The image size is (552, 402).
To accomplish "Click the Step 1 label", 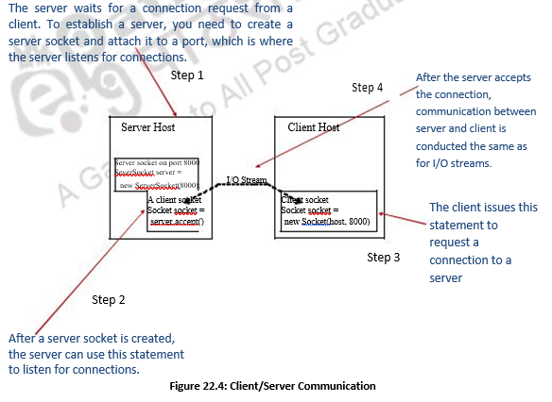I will (187, 75).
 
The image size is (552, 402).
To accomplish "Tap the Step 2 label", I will (108, 300).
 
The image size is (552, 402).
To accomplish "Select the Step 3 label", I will (384, 257).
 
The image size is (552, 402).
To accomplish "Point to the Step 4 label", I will (369, 88).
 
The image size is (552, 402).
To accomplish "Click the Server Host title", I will (148, 126).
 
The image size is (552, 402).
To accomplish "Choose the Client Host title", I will (314, 126).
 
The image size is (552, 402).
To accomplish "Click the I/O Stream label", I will (247, 179).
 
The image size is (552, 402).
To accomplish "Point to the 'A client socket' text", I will (175, 199).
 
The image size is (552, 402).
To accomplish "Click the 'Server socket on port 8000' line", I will (157, 162).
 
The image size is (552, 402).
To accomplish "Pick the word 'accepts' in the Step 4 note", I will (509, 77).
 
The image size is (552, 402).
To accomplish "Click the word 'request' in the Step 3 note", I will (451, 243).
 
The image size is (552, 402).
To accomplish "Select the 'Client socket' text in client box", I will (305, 200).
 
